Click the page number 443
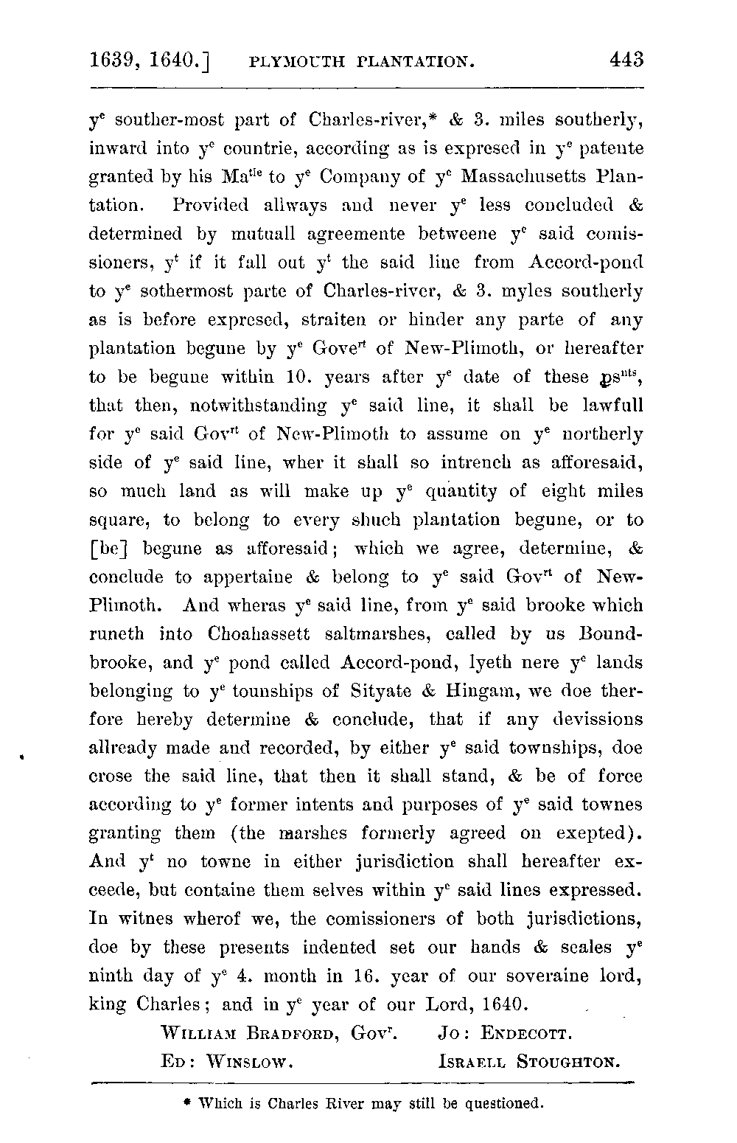point(623,58)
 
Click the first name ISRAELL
point(472,1063)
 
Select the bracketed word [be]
point(108,549)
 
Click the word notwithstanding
point(259,406)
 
